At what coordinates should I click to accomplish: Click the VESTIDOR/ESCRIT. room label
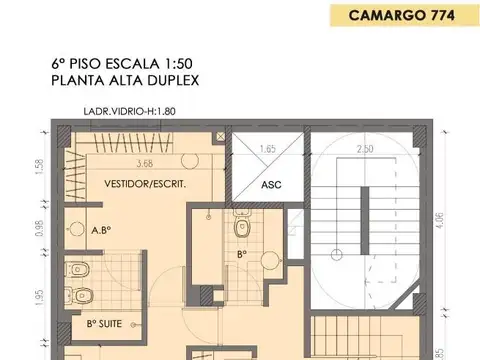[x=145, y=185]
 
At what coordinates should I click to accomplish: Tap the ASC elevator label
[x=271, y=185]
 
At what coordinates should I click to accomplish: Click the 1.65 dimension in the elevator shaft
[x=267, y=149]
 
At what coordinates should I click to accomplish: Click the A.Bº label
[x=100, y=230]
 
